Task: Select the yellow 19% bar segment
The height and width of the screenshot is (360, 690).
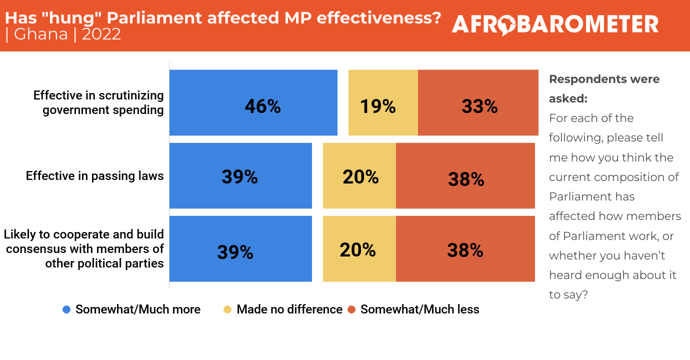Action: point(383,102)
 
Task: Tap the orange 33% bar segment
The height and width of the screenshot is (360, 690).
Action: point(478,102)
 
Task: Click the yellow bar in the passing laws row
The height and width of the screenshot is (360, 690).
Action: point(359,175)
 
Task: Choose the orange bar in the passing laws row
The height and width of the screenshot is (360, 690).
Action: point(465,175)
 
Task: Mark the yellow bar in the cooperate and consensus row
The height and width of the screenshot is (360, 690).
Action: point(359,248)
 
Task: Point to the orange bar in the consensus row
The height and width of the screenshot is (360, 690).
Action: point(465,248)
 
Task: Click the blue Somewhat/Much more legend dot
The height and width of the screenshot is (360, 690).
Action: point(66,309)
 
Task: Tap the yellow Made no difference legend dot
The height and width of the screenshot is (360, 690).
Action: point(227,309)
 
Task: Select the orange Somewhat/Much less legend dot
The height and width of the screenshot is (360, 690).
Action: point(351,309)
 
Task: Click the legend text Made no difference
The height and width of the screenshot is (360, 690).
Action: point(289,309)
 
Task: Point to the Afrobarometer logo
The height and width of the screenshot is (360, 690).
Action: point(555,24)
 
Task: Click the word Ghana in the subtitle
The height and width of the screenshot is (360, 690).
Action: point(41,34)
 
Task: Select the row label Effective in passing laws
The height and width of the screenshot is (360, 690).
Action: point(95,176)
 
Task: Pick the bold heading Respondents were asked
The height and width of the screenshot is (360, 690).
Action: point(604,88)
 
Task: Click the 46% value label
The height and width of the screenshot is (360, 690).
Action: point(262,106)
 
